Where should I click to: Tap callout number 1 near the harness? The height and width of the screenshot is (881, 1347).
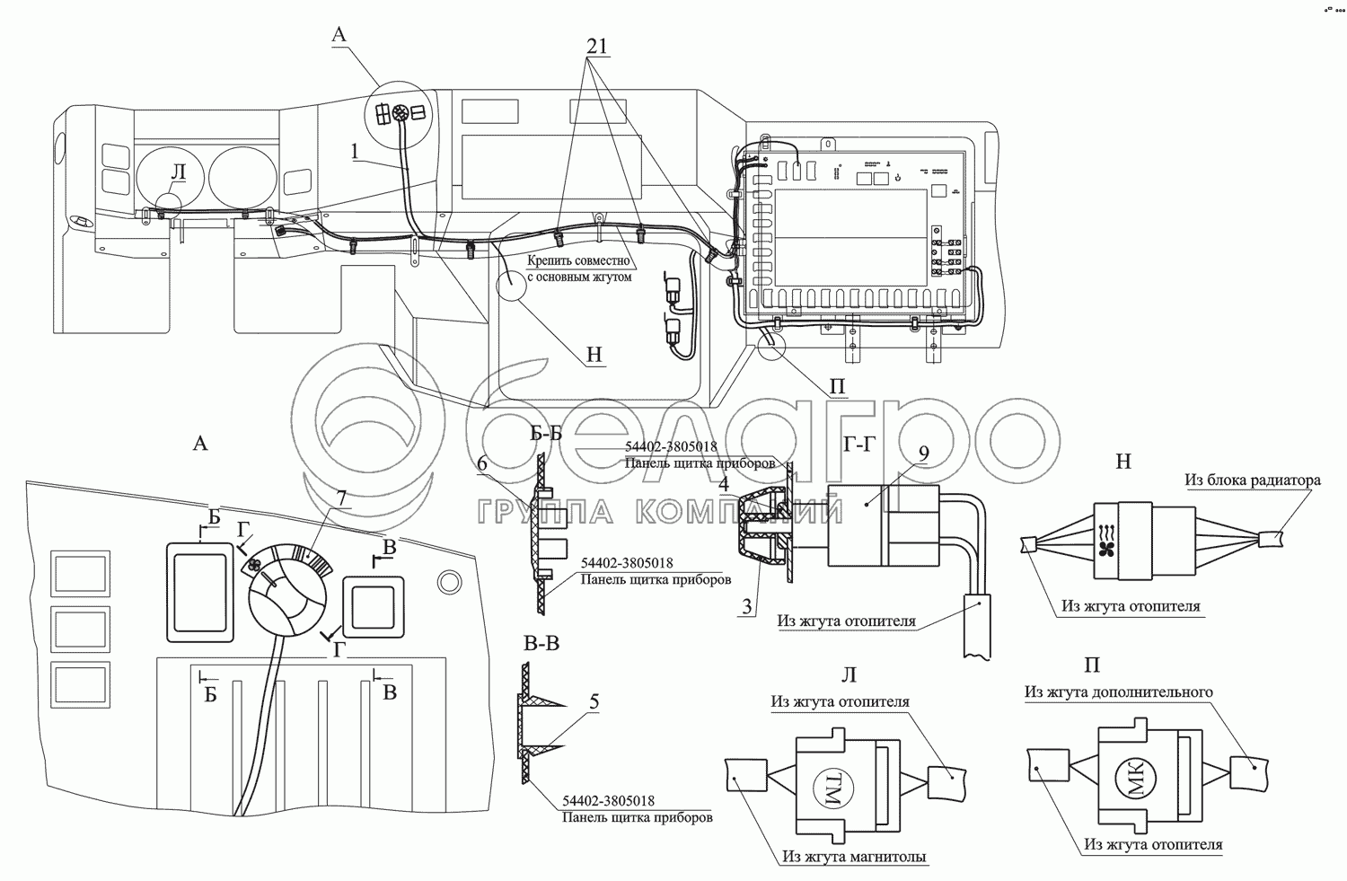[356, 152]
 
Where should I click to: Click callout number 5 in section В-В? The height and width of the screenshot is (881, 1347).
[594, 702]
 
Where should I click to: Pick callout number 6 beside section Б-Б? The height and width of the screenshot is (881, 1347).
[482, 463]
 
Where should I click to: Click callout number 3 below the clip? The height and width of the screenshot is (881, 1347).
[745, 606]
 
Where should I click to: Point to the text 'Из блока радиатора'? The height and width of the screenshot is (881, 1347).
[1252, 480]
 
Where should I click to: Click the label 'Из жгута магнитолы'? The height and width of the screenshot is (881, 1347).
[854, 858]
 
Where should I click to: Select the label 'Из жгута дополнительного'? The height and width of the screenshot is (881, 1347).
[1118, 692]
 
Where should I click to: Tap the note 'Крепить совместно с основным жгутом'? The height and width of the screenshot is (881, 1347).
[579, 269]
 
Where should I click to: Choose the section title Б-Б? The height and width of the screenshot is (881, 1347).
[546, 435]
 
